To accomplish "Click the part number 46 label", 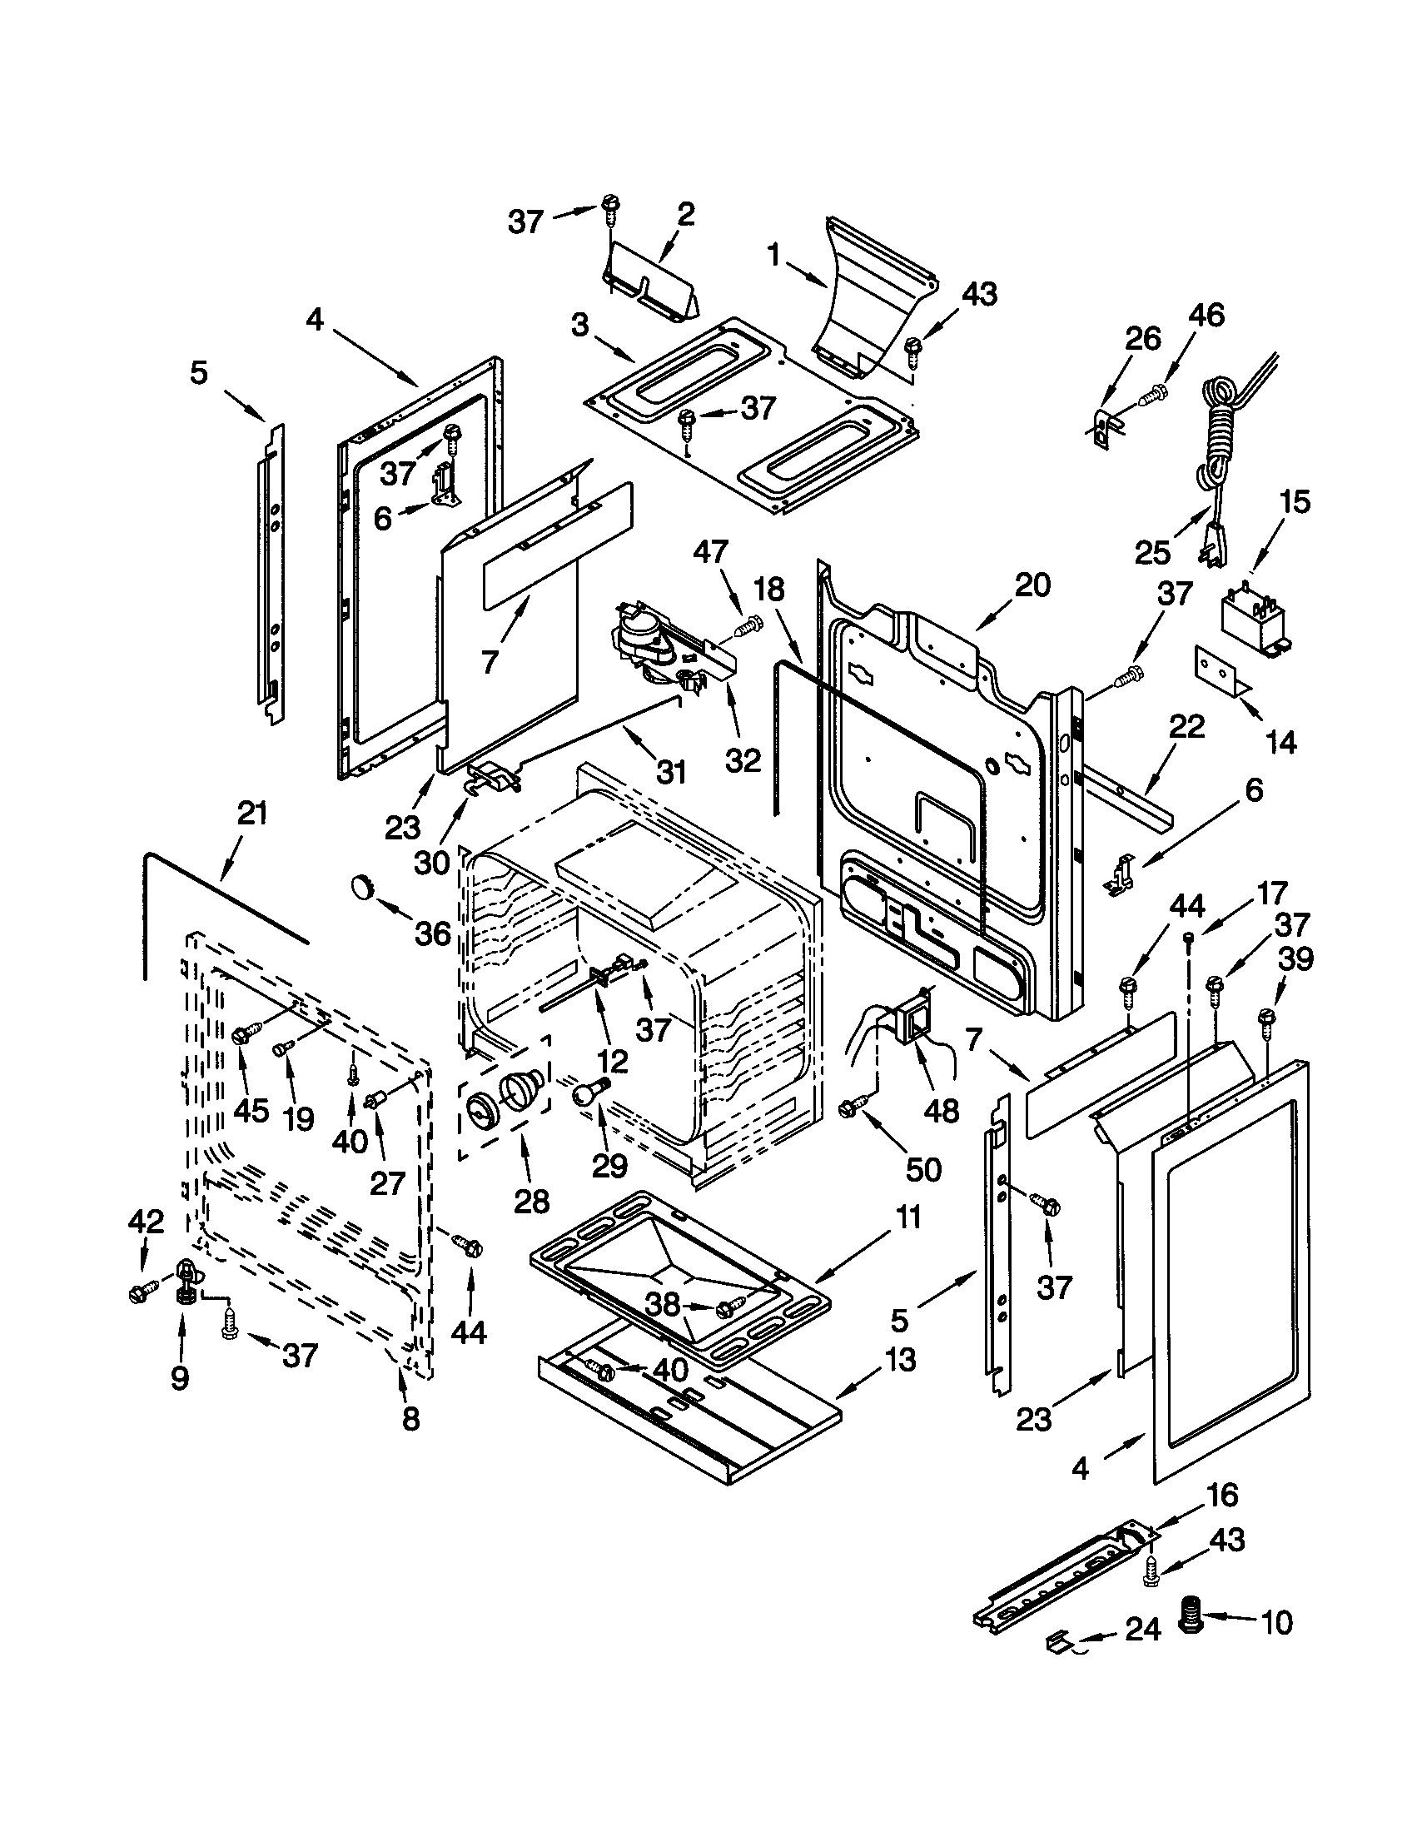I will [1206, 316].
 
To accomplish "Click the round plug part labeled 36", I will [362, 887].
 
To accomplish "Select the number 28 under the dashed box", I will [532, 1200].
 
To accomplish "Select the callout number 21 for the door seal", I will [251, 813].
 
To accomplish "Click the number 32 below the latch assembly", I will [743, 759].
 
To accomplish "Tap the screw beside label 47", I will [752, 621].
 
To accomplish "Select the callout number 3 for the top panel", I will [580, 325].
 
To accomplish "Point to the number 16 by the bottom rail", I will [1221, 1494].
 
